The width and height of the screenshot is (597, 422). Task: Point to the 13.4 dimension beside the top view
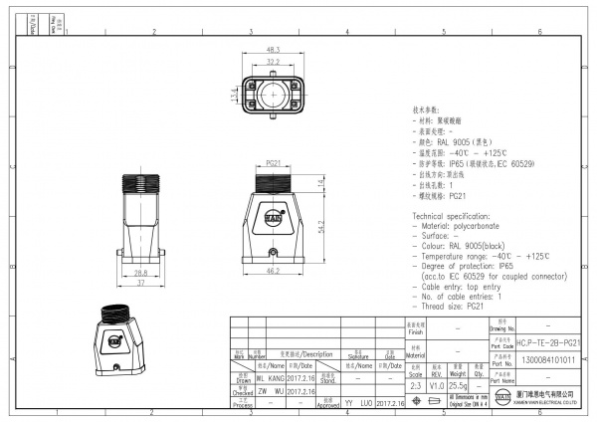(x=235, y=94)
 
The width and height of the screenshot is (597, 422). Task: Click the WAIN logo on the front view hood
(x=272, y=212)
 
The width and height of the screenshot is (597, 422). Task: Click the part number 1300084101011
(x=548, y=360)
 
